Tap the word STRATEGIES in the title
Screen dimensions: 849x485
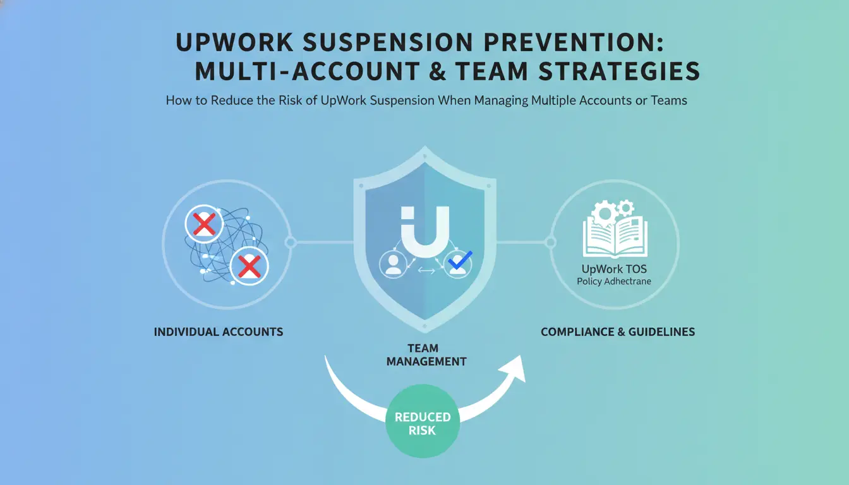tap(619, 71)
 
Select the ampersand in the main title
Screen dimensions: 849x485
tap(438, 71)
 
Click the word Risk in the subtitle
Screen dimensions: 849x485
tap(291, 100)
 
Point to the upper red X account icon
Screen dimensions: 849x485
tap(204, 224)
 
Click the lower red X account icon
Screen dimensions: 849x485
tap(249, 266)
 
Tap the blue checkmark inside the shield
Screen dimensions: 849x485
tap(460, 260)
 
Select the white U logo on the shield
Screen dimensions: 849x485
tap(425, 232)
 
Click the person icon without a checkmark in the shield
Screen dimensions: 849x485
tap(393, 264)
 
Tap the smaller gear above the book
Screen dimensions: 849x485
tap(625, 208)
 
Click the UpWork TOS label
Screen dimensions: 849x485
tap(614, 269)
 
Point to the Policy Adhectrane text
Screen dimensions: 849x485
tap(614, 282)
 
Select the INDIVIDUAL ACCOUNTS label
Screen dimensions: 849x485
tap(219, 332)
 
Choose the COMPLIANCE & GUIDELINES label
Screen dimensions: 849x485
tap(618, 332)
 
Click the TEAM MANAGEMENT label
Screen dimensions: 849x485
tap(426, 355)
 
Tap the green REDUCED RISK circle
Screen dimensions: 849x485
tap(423, 421)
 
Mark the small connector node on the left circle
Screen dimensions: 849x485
tap(291, 242)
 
